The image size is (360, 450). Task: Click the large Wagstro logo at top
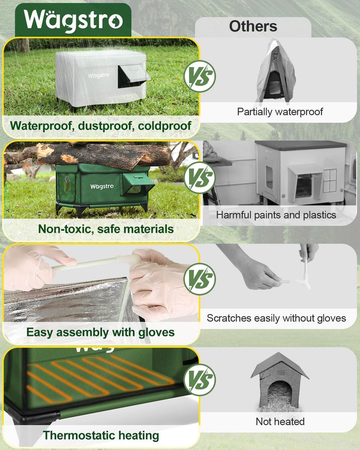coord(73,20)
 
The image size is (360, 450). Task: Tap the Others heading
coord(253,26)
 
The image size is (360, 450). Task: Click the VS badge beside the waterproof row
coord(199,76)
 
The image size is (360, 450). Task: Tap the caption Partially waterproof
coord(280,112)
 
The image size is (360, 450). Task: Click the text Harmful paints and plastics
coord(276,215)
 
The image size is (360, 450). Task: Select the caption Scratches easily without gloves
coord(276,318)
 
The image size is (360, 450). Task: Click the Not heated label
coord(280,421)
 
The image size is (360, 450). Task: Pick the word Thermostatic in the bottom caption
coord(79,435)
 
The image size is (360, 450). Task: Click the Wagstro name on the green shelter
coord(102,186)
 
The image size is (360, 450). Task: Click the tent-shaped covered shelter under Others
coord(276,72)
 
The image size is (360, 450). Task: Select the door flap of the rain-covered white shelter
coord(134,75)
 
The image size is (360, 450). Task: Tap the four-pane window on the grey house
coord(330,181)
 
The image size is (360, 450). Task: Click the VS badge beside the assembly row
coord(199,279)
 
